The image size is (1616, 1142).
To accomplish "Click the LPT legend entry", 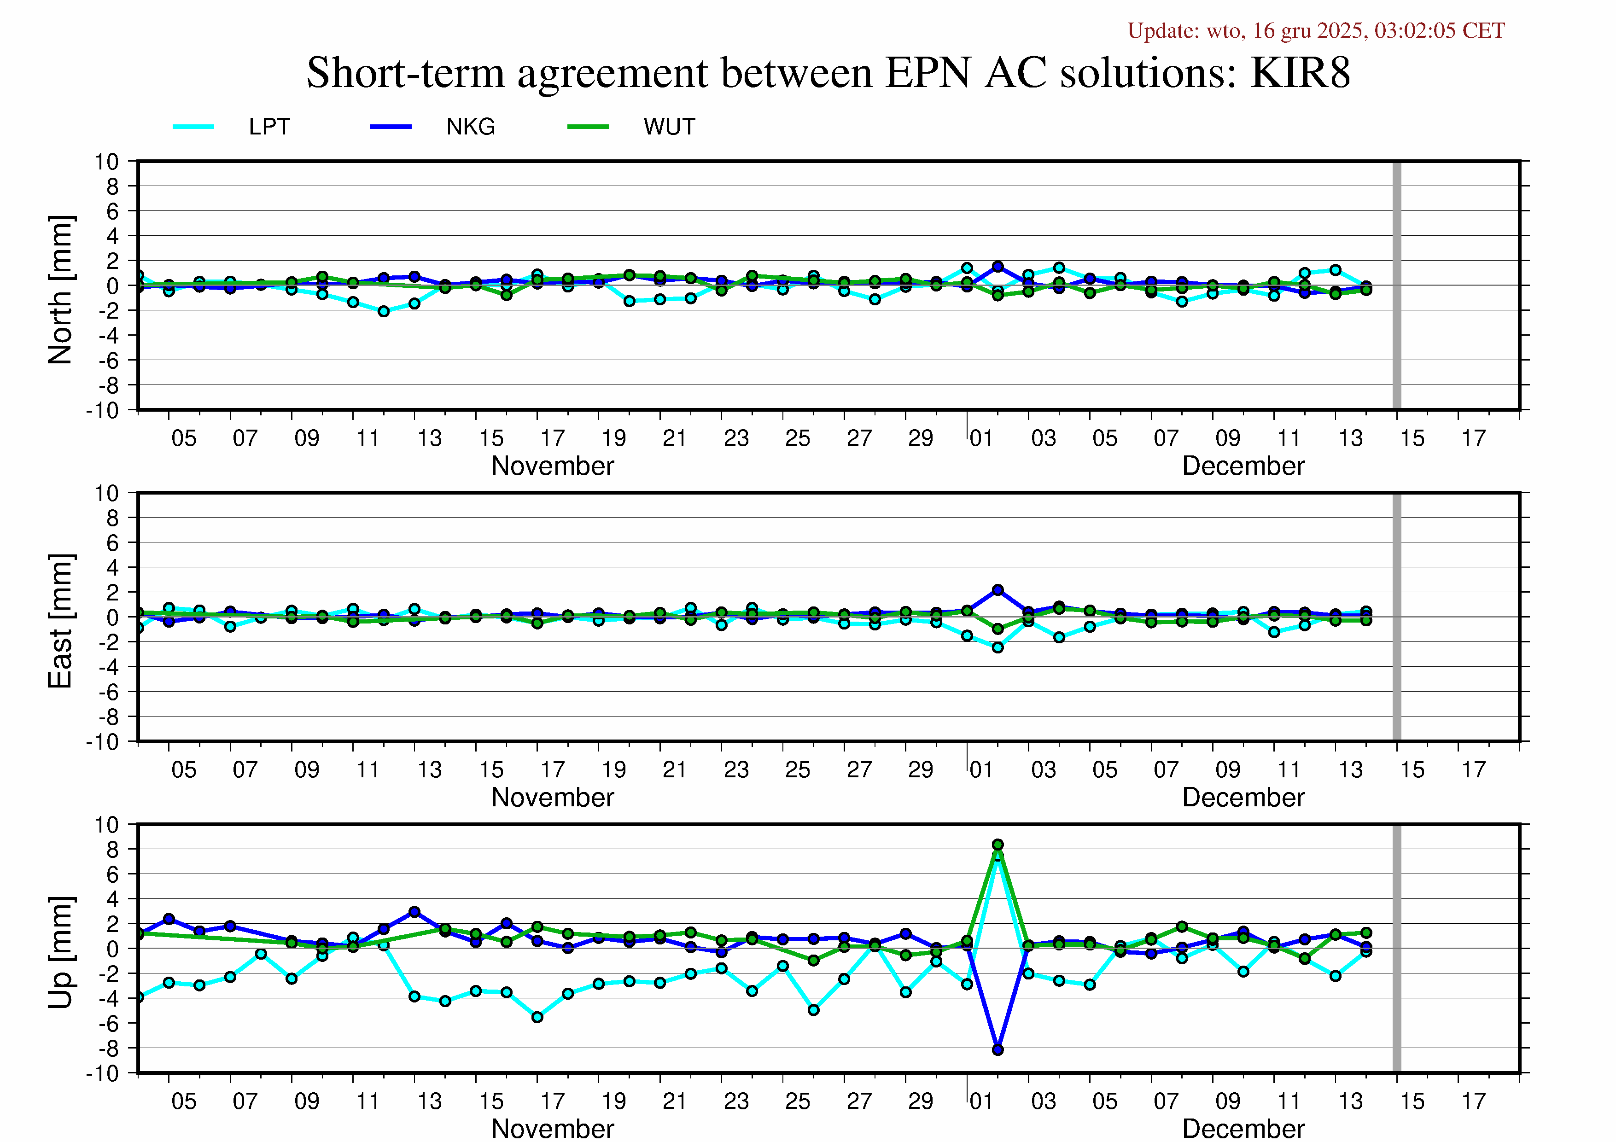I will pos(269,127).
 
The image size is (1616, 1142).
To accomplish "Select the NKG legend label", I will pos(470,127).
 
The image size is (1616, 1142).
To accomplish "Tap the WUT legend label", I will pos(669,127).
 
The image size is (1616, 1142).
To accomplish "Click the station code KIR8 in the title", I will pos(1300,72).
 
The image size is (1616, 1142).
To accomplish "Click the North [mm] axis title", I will pos(60,290).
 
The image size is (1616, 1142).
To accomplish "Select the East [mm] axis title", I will pos(60,621).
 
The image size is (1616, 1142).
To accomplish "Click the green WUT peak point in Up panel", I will pos(998,845).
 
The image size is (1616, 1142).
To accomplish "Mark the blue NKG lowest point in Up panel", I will pos(998,1049).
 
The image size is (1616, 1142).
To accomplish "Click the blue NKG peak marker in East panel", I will pos(998,590).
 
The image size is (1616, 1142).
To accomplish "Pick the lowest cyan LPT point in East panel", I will pos(998,647).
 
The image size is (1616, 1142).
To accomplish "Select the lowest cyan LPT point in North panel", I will pos(384,311).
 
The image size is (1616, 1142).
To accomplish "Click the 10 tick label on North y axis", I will pos(107,162).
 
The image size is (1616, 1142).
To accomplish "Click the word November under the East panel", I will pos(553,797).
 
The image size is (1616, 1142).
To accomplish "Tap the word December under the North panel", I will pos(1243,466).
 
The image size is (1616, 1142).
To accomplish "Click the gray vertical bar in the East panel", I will pos(1396,617).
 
